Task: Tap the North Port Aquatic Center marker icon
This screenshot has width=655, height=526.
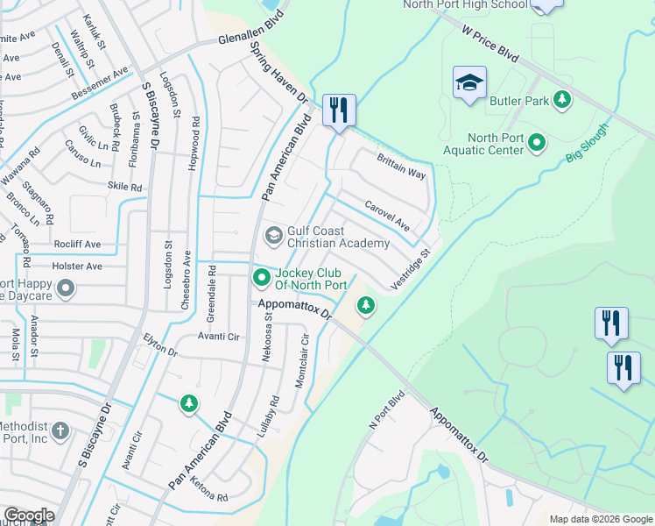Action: click(x=538, y=142)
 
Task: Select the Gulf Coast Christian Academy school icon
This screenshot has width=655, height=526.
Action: click(x=273, y=235)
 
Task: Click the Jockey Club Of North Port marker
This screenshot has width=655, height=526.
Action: click(x=261, y=278)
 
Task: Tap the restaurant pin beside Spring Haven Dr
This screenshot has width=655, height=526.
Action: click(x=338, y=110)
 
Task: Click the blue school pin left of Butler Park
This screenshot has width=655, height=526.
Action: click(x=469, y=83)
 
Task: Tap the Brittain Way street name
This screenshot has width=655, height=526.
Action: click(x=401, y=166)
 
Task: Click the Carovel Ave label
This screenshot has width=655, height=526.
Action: click(x=387, y=216)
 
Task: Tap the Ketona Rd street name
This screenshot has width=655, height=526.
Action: click(x=210, y=496)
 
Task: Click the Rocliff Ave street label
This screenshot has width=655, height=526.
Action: click(x=78, y=244)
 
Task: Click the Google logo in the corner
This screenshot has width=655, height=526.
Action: click(x=28, y=515)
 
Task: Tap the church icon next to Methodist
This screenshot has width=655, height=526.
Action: click(x=60, y=430)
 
